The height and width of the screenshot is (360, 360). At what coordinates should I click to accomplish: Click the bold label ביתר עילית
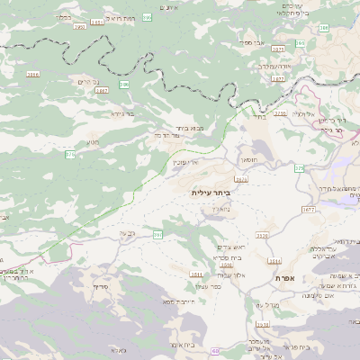click(211, 193)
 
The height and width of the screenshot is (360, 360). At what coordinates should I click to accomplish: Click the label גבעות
click(127, 233)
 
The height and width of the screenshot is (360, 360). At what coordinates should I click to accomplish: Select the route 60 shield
click(216, 351)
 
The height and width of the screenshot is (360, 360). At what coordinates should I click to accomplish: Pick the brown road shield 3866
click(33, 74)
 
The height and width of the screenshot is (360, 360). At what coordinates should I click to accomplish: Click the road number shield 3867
click(101, 90)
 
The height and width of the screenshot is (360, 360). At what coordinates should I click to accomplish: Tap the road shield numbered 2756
click(281, 113)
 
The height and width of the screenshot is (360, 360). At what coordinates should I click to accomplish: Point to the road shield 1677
click(308, 209)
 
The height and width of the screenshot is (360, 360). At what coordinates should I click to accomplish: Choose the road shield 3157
click(241, 179)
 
